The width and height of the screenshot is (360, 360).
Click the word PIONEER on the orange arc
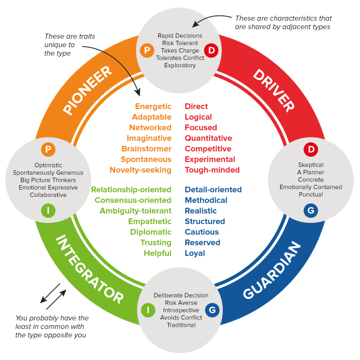click(x=87, y=90)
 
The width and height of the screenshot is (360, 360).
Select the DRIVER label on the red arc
click(x=273, y=89)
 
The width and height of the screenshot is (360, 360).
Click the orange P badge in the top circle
click(x=146, y=51)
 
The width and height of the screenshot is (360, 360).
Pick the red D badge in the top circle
click(x=212, y=51)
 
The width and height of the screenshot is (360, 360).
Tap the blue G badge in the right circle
click(x=311, y=211)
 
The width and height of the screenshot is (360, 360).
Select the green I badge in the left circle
click(x=48, y=211)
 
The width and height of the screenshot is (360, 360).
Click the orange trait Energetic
click(x=153, y=106)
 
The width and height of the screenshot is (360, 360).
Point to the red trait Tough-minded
click(x=212, y=170)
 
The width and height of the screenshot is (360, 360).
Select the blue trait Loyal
click(x=195, y=253)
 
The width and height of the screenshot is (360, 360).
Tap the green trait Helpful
click(x=157, y=253)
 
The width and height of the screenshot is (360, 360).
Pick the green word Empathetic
click(x=150, y=221)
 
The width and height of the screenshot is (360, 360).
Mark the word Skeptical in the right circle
click(x=311, y=165)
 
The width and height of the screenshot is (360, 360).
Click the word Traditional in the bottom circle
click(x=181, y=325)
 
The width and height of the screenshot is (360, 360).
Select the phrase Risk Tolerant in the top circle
click(x=180, y=43)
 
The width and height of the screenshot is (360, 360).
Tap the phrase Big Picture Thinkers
click(x=48, y=180)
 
